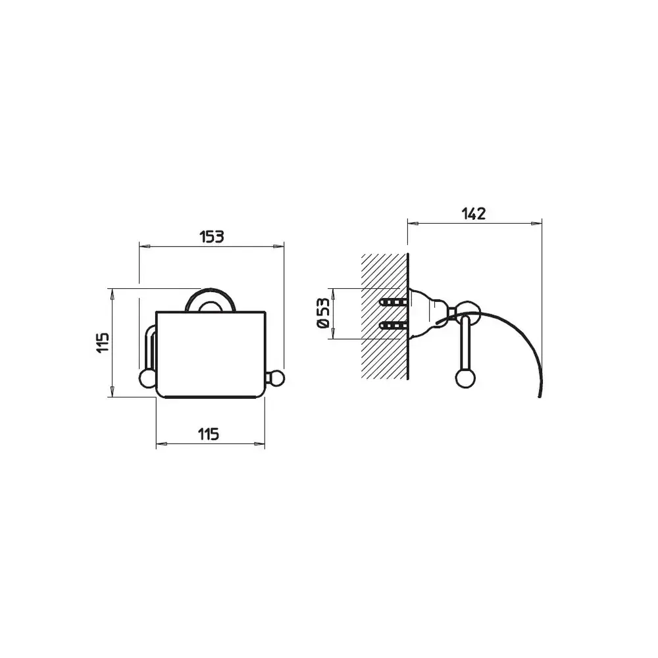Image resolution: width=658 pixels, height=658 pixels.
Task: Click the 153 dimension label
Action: click(x=212, y=237)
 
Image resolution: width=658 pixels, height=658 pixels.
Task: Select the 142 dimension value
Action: click(x=474, y=214)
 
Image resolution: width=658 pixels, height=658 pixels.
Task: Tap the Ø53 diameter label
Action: click(x=323, y=313)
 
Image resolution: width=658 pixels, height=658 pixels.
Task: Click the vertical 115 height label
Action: click(x=103, y=342)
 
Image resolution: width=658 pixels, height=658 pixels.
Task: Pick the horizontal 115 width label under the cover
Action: click(x=209, y=434)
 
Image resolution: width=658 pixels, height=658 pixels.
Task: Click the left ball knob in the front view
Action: click(x=147, y=378)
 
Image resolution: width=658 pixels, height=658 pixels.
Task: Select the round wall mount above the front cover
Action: click(x=211, y=299)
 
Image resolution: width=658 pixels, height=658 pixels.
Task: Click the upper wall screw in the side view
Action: click(x=393, y=302)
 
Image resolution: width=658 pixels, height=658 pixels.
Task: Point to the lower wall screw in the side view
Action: click(x=393, y=325)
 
